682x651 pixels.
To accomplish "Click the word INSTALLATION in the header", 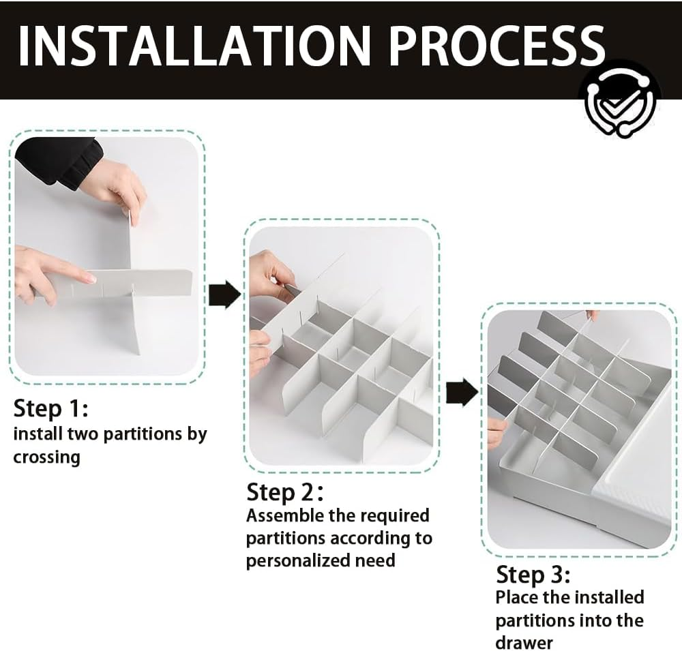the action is (192, 46).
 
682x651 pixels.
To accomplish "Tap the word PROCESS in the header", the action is (496, 46).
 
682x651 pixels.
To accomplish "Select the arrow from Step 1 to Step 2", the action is (224, 295).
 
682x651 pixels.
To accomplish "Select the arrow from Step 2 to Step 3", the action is (462, 392).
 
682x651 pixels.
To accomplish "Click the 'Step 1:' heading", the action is (51, 409).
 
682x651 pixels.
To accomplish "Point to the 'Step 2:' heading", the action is (285, 492).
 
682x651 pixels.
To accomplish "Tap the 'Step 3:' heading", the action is (533, 575).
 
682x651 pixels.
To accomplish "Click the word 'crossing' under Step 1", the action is (47, 457).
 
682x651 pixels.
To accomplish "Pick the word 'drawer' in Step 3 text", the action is (524, 642).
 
